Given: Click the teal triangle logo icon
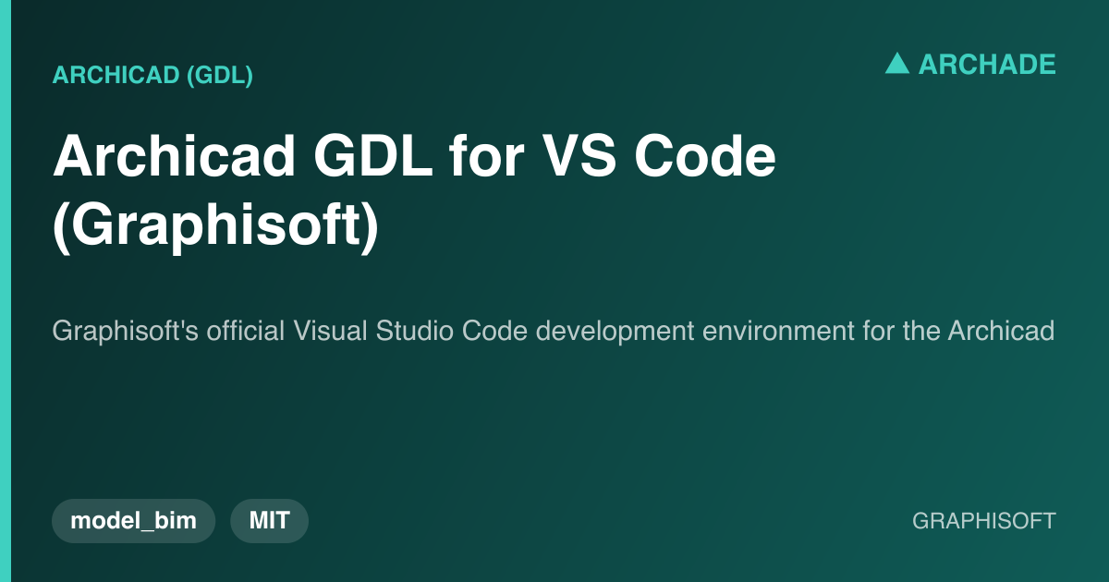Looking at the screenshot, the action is (x=897, y=64).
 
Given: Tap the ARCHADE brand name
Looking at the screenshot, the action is (x=987, y=65).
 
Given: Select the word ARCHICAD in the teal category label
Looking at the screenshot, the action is (x=116, y=75).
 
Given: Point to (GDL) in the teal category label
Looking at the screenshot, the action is (x=220, y=75).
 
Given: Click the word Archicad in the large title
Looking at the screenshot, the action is (x=175, y=156).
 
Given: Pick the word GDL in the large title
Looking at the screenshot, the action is (x=373, y=156).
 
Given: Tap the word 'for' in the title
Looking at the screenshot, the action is (x=486, y=156).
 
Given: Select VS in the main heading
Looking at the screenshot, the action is (x=579, y=156).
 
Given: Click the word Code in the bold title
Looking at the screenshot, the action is (x=705, y=156).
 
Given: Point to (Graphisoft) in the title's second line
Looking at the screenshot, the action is (x=216, y=226).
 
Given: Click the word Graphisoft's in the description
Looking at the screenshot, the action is (x=126, y=331).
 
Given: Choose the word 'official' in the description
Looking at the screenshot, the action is (x=246, y=330).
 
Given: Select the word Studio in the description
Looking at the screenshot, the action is (x=414, y=331).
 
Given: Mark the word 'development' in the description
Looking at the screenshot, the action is (x=615, y=331).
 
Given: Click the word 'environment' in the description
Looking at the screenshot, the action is (x=778, y=331).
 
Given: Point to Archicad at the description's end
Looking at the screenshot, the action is (x=1001, y=331).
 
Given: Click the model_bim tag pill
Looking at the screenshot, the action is (x=134, y=521).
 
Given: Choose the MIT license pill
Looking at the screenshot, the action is (x=269, y=521).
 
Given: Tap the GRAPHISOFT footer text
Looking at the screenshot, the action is (x=984, y=521).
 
